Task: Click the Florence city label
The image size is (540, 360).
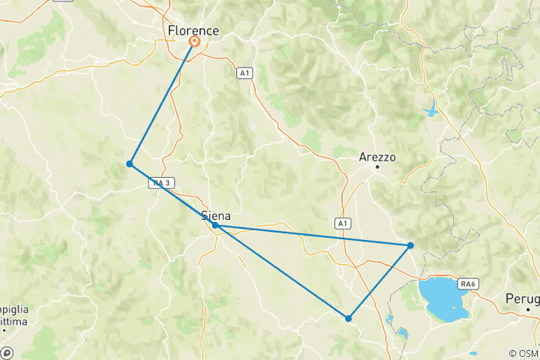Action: (x=193, y=31)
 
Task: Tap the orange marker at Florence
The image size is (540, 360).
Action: (x=194, y=42)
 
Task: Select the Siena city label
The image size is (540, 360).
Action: (x=216, y=216)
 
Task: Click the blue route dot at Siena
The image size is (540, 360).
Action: (x=215, y=225)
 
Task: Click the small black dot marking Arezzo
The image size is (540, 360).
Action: (x=377, y=166)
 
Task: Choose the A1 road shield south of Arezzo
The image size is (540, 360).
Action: (x=342, y=223)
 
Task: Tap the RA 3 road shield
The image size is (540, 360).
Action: (x=160, y=182)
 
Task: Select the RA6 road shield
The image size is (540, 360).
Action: (x=469, y=283)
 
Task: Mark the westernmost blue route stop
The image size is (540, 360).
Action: (x=130, y=163)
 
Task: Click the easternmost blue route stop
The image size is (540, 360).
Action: (x=410, y=245)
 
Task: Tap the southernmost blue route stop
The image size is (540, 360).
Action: (x=349, y=318)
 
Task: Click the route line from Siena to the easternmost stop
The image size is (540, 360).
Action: (x=313, y=235)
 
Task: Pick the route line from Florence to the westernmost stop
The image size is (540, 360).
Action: (x=162, y=103)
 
